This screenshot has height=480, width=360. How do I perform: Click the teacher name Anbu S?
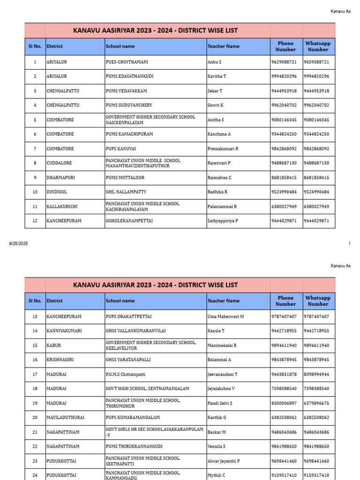214,62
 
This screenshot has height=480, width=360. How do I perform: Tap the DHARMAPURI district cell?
60,178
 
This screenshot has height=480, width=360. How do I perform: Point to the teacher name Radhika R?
217,192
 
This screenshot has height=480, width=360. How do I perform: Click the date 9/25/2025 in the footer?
19,243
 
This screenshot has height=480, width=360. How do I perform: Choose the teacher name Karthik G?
217,417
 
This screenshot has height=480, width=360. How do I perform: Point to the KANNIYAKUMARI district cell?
64,331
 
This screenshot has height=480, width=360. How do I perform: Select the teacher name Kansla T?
216,331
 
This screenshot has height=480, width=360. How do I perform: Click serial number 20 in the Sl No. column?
35,417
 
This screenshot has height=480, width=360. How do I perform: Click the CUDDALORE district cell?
59,163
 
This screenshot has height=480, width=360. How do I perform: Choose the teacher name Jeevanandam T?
222,375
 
